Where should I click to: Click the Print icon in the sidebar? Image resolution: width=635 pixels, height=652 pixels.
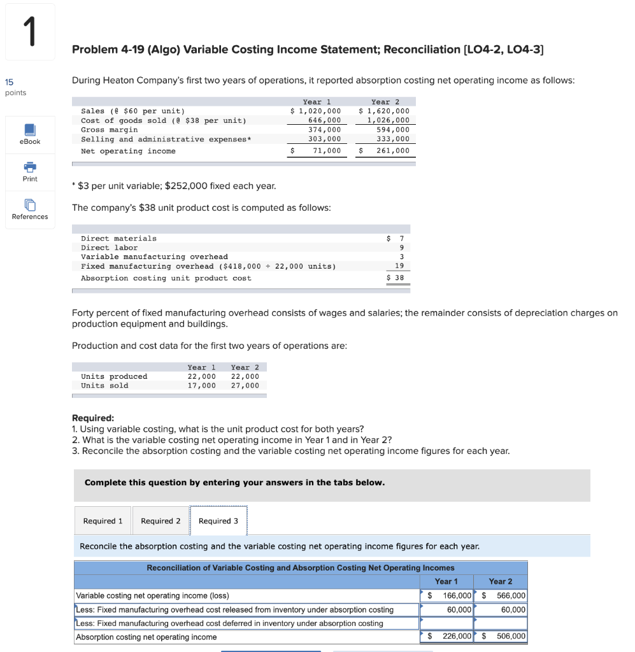pyautogui.click(x=30, y=168)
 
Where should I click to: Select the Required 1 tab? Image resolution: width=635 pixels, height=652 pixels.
pyautogui.click(x=103, y=521)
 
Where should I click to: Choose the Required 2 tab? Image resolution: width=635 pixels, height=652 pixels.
pyautogui.click(x=161, y=521)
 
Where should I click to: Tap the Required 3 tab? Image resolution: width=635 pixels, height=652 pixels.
pyautogui.click(x=218, y=521)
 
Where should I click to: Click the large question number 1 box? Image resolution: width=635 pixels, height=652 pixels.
pyautogui.click(x=29, y=32)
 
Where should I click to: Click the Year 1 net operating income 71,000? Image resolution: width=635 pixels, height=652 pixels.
pyautogui.click(x=326, y=151)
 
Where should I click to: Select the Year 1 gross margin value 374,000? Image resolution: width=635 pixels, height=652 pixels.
pyautogui.click(x=324, y=130)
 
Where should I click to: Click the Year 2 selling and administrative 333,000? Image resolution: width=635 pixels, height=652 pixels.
pyautogui.click(x=393, y=139)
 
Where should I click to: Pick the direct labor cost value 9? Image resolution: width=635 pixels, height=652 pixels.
pyautogui.click(x=401, y=248)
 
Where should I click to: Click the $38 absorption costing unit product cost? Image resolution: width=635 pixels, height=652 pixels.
pyautogui.click(x=396, y=278)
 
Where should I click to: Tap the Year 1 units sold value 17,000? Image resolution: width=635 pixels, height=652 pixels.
pyautogui.click(x=201, y=385)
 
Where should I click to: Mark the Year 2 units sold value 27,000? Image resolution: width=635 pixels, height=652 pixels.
pyautogui.click(x=245, y=385)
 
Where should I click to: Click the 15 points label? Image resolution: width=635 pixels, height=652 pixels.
pyautogui.click(x=15, y=87)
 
